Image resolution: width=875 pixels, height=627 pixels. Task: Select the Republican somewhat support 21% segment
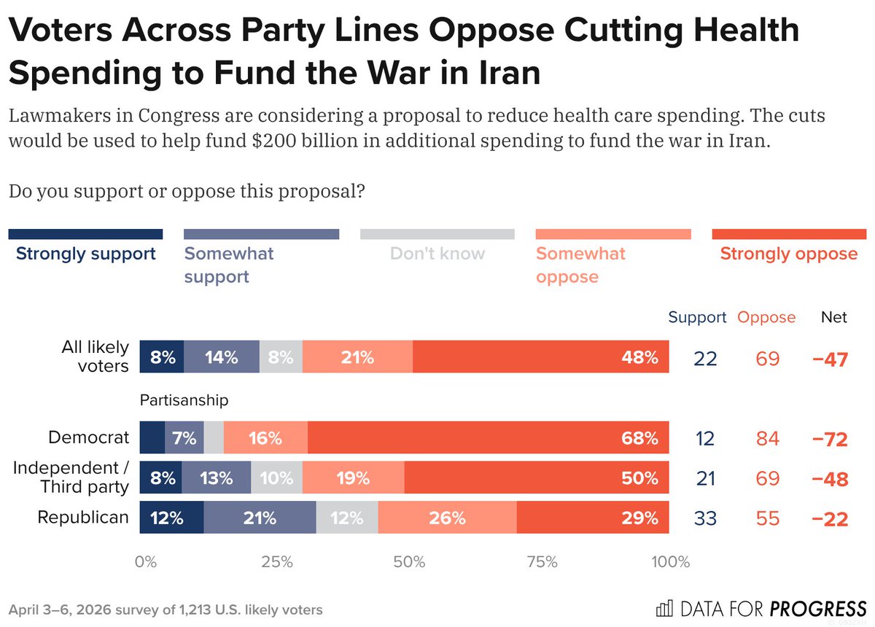260,518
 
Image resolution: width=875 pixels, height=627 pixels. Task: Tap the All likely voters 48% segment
540,357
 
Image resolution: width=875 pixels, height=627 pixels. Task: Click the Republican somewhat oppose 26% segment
447,518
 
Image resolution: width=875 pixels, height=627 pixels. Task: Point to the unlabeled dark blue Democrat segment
152,438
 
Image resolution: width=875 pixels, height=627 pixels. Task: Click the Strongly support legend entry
85,254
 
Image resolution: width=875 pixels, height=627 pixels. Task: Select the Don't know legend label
437,254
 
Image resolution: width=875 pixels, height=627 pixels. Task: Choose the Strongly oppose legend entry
788,254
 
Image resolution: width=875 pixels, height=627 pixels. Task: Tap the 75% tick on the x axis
541,562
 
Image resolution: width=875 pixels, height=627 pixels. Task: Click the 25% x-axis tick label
277,562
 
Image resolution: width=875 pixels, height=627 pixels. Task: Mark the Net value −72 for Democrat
831,439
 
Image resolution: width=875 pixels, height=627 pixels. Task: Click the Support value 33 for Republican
705,518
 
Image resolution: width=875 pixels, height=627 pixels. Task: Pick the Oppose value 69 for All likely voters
767,358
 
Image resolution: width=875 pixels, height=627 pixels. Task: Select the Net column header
834,317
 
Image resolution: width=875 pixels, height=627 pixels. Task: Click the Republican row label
83,518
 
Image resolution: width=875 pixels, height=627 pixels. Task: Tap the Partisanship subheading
184,400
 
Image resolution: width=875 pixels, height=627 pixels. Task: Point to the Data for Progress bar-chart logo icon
664,608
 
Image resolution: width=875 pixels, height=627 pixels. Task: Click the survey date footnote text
166,610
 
